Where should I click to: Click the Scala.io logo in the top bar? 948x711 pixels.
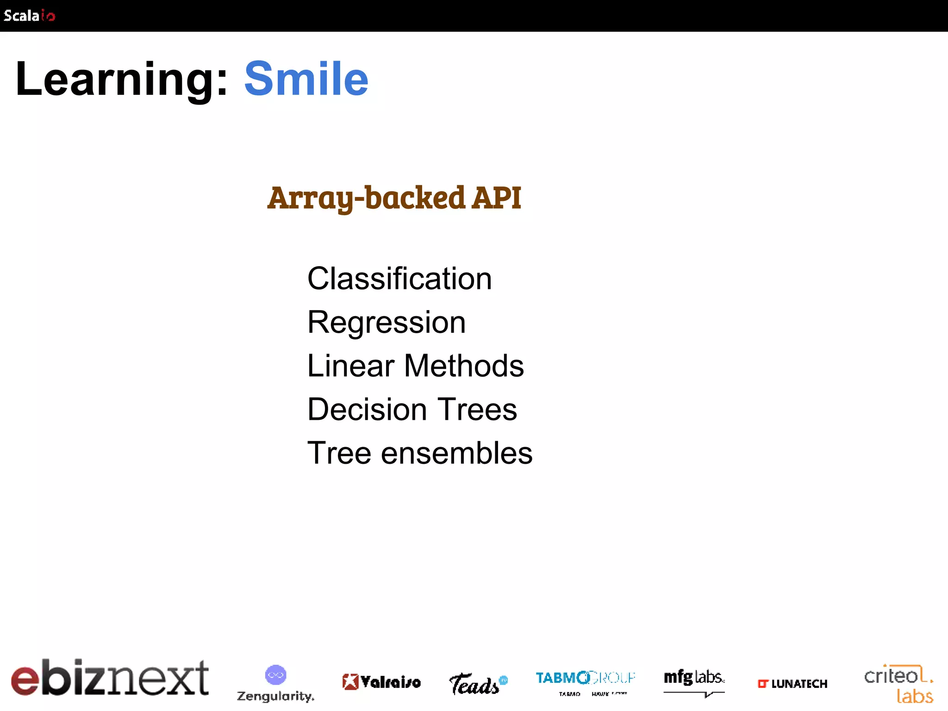click(29, 16)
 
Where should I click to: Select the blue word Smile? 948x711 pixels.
click(306, 80)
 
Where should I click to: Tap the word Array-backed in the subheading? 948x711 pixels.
click(366, 198)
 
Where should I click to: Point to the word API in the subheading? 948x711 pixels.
click(496, 198)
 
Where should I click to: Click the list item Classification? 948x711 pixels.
click(399, 279)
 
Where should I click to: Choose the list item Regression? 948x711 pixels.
click(387, 322)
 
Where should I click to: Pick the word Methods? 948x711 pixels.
click(464, 366)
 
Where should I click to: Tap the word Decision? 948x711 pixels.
click(367, 409)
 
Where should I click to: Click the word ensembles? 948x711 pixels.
click(456, 453)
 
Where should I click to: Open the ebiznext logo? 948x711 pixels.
click(110, 678)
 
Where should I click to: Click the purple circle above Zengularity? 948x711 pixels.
click(275, 675)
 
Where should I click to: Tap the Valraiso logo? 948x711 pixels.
click(381, 682)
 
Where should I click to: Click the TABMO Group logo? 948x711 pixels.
click(585, 681)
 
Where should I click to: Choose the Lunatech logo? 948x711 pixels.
click(792, 684)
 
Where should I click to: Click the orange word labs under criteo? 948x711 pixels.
click(915, 696)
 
